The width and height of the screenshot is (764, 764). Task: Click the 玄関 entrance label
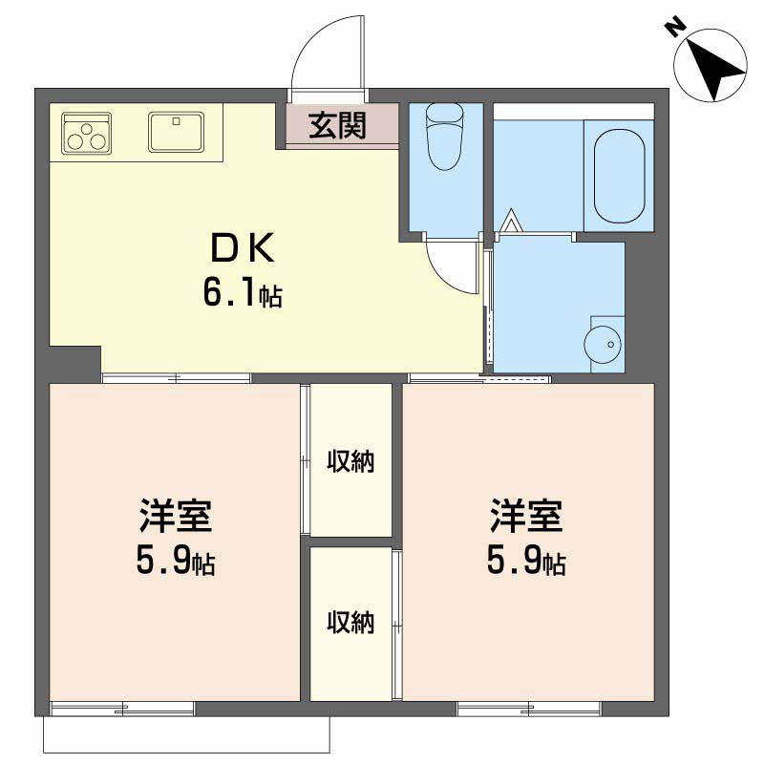pos(337,125)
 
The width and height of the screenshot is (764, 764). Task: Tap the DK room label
pos(243,248)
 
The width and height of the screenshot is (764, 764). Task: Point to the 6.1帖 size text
pos(243,293)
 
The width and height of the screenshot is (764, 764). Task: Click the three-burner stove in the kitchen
pos(87,133)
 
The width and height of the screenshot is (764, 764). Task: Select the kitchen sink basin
pos(177,132)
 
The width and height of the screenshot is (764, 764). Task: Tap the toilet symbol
pos(445,137)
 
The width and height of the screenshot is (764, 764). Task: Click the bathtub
pos(619,176)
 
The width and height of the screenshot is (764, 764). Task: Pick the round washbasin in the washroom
pos(603,345)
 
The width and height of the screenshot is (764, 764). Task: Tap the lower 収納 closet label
pos(350,623)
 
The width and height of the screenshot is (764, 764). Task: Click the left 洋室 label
pos(176,515)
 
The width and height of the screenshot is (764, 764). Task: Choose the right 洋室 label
pos(526,515)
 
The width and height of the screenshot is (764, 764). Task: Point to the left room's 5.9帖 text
pos(176,562)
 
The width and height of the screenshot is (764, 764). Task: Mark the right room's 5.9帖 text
pos(526,562)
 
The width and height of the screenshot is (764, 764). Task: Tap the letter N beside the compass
pos(675,28)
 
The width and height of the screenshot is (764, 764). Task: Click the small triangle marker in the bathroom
pos(511,221)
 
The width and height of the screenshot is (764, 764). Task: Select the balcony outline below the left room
pos(186,753)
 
